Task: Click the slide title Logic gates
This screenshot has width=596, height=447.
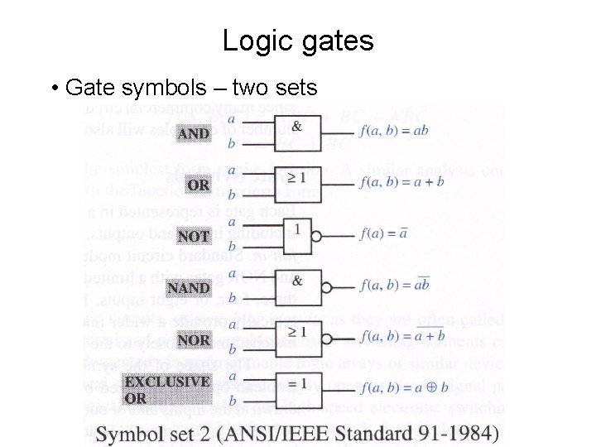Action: (298, 41)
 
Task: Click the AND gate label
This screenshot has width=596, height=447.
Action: (194, 134)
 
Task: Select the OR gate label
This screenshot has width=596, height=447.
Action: (199, 185)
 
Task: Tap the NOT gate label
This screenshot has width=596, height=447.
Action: (194, 237)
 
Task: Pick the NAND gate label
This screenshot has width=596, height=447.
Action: (189, 288)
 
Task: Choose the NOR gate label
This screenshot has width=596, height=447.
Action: (194, 339)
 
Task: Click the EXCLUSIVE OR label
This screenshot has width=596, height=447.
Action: (166, 389)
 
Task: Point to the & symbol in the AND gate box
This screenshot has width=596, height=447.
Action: (296, 122)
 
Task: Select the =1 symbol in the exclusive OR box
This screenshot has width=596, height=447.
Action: (296, 383)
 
